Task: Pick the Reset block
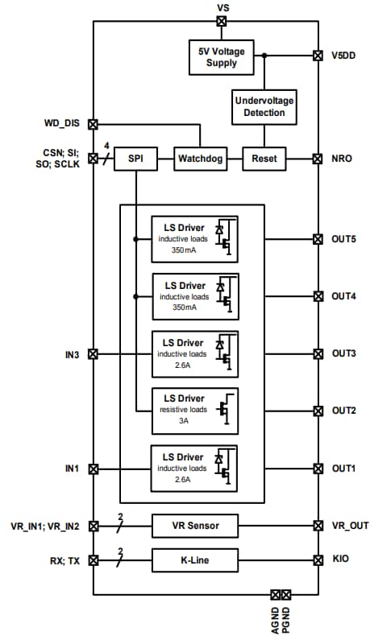264,159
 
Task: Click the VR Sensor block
195,526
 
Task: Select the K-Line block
195,560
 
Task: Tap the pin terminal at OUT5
317,239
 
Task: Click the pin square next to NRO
317,159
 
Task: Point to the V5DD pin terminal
317,56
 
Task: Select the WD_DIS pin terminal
93,124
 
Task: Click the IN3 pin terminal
93,353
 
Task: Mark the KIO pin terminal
317,560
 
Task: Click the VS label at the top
223,7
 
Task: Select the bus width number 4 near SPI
106,147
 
